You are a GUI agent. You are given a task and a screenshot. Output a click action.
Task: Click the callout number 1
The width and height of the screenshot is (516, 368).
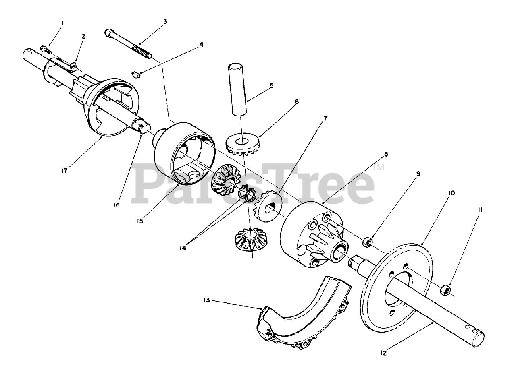click(62, 23)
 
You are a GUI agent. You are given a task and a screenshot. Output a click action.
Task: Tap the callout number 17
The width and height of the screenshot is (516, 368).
click(64, 171)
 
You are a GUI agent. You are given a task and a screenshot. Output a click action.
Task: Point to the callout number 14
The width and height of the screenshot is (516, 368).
click(183, 248)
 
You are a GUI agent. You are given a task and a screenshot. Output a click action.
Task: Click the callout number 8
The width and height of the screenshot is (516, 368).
click(386, 154)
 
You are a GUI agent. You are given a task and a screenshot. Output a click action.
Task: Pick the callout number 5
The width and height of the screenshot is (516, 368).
click(272, 86)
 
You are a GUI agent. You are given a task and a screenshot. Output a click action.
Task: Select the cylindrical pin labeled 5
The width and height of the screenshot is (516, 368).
click(238, 89)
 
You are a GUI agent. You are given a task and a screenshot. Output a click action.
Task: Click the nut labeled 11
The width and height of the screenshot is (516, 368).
click(445, 290)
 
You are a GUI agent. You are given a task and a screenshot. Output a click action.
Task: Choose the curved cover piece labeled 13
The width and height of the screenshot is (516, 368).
click(304, 314)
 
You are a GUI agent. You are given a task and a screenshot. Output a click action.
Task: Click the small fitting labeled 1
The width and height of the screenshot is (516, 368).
click(45, 50)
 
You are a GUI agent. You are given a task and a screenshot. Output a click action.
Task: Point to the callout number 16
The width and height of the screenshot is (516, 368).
click(117, 205)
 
